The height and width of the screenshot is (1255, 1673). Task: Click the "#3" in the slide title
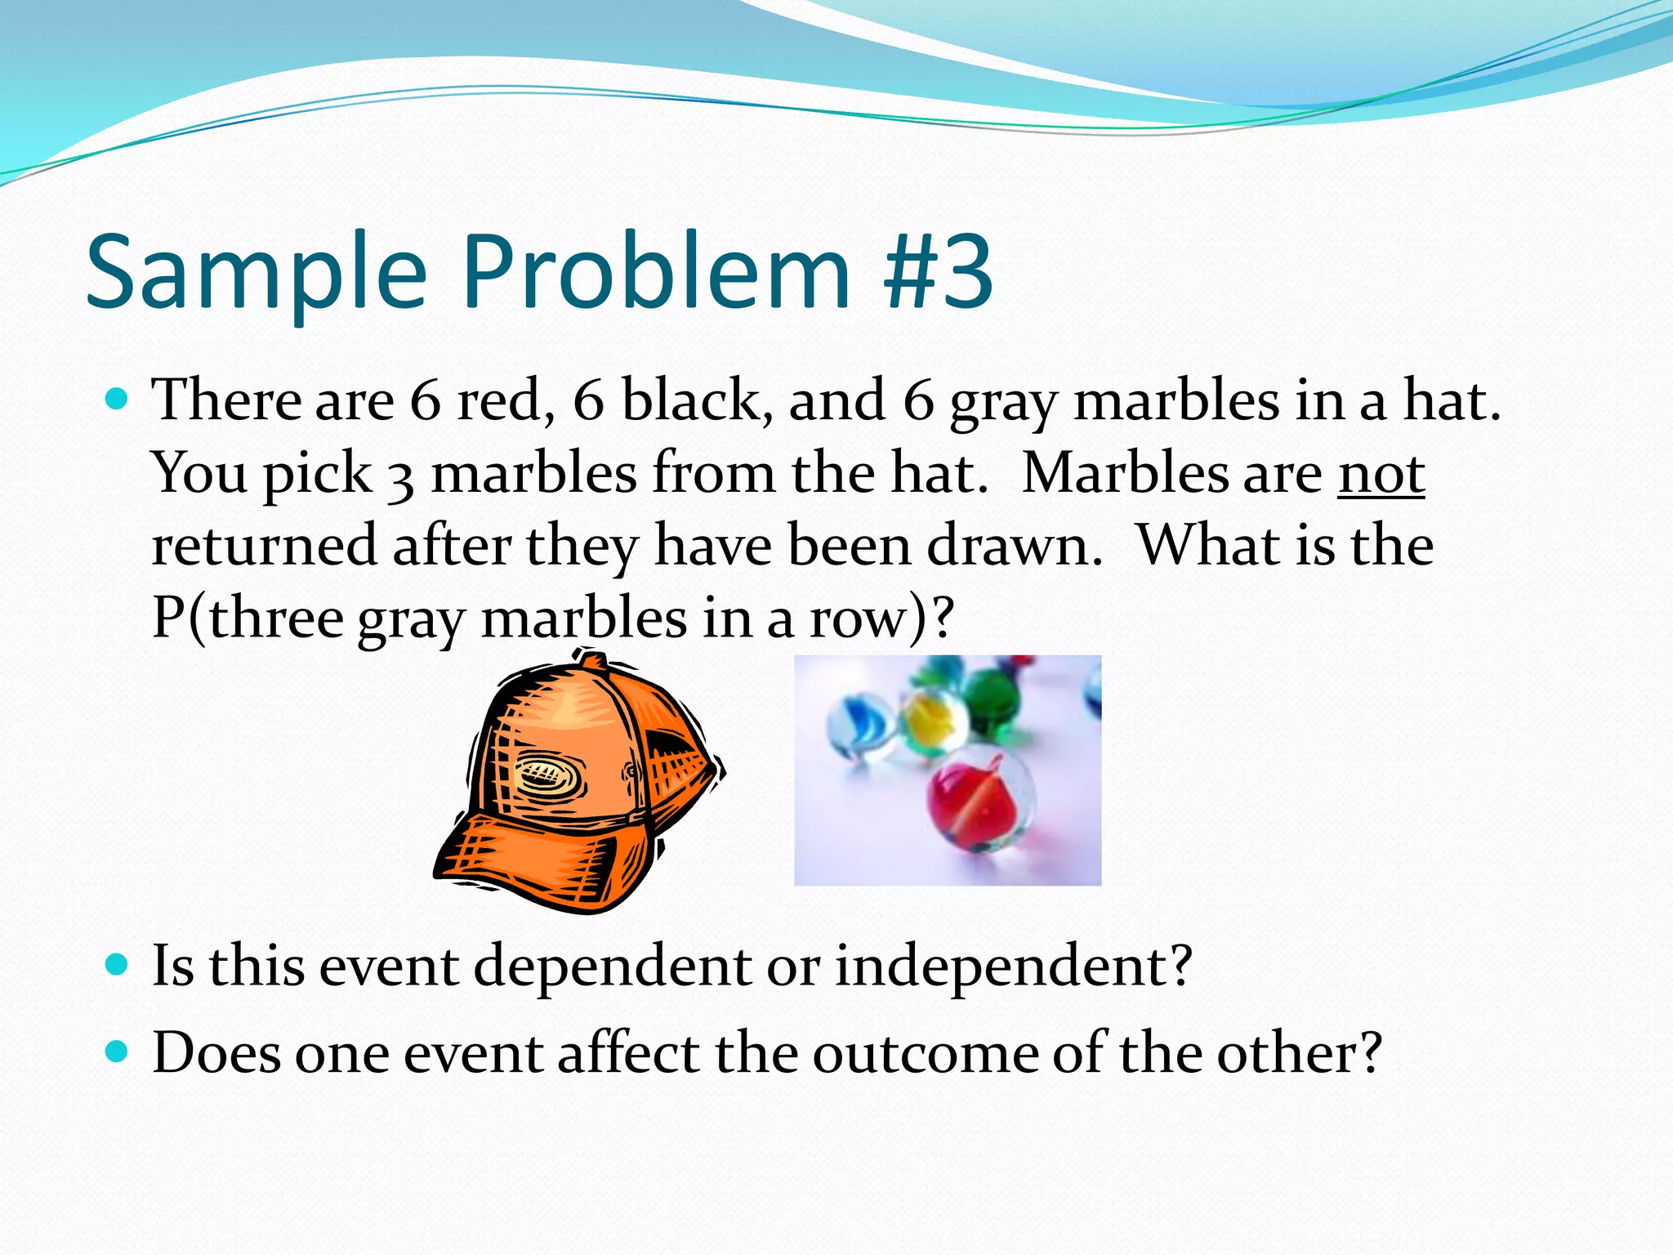939,271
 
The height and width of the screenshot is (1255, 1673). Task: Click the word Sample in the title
257,273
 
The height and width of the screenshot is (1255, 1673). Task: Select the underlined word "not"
1381,474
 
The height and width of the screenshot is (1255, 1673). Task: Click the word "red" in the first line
498,401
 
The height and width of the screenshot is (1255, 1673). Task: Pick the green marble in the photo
990,699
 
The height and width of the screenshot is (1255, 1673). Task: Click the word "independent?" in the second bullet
1013,967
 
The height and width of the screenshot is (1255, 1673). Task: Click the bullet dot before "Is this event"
118,965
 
